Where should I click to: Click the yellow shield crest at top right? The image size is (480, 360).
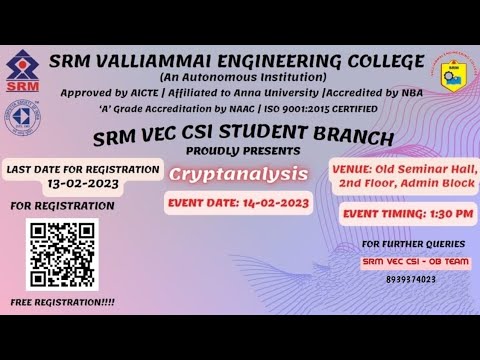(x=458, y=77)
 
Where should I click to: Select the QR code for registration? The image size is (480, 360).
(x=60, y=254)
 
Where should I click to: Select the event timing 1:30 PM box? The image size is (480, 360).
(x=410, y=213)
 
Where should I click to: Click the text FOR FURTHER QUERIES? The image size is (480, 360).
(x=413, y=243)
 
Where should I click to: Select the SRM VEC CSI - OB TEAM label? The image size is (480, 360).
(x=413, y=262)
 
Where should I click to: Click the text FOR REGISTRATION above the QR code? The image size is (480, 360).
(x=62, y=206)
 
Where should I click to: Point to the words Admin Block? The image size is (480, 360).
(x=441, y=184)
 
